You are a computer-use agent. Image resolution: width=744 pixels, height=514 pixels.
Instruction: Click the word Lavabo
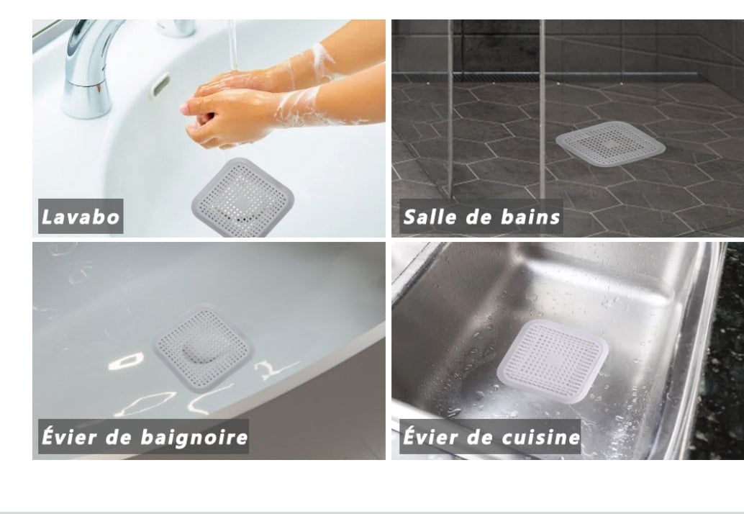80,217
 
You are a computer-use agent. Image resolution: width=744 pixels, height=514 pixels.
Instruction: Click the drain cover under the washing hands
242,198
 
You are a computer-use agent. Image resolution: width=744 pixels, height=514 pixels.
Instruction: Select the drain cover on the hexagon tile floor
611,144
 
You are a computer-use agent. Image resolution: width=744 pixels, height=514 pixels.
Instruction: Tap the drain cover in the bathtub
203,348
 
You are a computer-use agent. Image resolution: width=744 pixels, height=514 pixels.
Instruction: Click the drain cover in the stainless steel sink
553,361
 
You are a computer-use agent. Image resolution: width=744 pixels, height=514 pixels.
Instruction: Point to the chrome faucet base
86,99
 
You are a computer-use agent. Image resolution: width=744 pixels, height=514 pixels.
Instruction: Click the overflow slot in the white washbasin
160,84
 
